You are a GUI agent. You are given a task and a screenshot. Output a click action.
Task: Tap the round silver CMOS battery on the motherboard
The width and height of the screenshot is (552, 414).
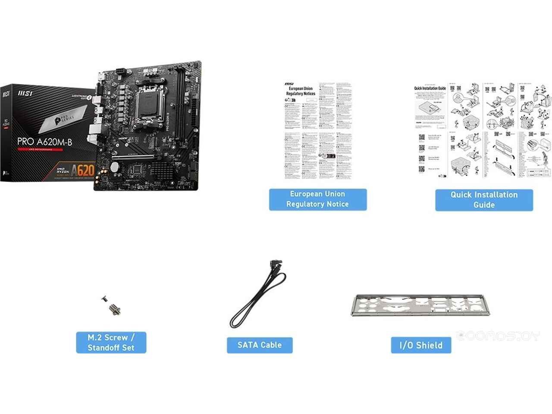pos(114,166)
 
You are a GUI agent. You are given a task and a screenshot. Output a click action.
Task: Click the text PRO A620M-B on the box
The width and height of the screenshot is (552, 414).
pos(44,141)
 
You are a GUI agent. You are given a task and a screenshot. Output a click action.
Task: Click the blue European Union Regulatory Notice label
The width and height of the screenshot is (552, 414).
pos(318,199)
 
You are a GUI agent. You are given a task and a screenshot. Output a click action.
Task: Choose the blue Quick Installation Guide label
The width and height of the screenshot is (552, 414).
pos(484,200)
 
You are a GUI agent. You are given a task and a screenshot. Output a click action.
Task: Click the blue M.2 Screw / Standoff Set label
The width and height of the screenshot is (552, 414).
pos(111,342)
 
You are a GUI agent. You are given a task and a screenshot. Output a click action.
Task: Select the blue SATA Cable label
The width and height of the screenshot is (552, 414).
pos(260,345)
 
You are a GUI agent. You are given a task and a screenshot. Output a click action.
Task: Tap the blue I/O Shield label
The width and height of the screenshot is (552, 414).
pos(421,345)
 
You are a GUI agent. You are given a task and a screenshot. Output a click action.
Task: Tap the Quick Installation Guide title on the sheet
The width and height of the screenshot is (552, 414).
pos(430,88)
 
